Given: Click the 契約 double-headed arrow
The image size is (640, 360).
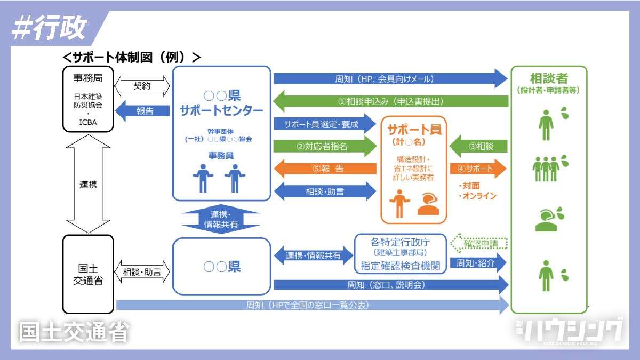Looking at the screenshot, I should [x=142, y=85].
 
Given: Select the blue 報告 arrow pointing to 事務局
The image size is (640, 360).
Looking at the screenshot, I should [x=142, y=111].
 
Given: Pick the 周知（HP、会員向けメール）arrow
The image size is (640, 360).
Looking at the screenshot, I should [x=389, y=79].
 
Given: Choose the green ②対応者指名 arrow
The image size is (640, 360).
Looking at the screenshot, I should [x=324, y=146].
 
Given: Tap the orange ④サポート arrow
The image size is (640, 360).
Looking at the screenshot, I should [x=477, y=169].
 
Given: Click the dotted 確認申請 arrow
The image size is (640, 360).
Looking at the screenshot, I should [x=478, y=244].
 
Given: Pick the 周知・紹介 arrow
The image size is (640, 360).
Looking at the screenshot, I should [x=477, y=263].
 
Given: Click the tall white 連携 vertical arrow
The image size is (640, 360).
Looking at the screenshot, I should [x=88, y=184].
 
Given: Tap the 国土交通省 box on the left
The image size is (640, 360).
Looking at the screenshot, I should [x=88, y=273].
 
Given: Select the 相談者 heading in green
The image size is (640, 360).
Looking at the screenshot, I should [x=549, y=78].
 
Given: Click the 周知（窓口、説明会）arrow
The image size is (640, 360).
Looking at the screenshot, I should [x=389, y=285].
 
